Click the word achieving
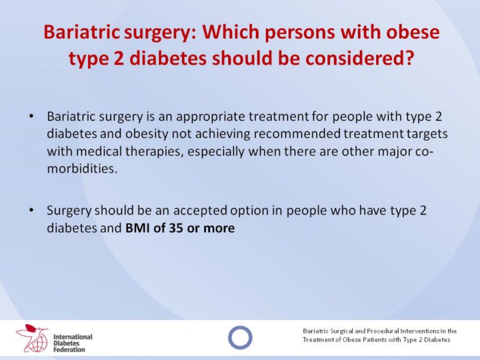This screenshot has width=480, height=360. tap(221, 135)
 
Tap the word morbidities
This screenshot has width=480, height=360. tap(82, 169)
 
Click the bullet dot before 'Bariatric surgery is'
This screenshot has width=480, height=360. tap(31, 117)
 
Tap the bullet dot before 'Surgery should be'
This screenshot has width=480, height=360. tap(31, 211)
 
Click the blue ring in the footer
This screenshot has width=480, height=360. tap(240, 326)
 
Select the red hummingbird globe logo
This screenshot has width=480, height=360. tap(32, 338)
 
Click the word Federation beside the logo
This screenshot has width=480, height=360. tap(69, 349)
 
